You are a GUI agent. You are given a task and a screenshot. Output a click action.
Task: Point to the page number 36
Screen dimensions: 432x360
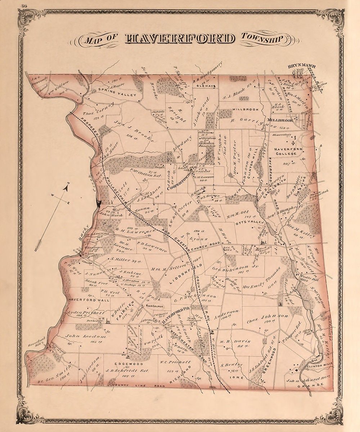click(25, 5)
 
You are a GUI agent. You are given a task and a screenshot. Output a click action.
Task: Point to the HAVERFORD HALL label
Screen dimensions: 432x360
click(84, 299)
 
